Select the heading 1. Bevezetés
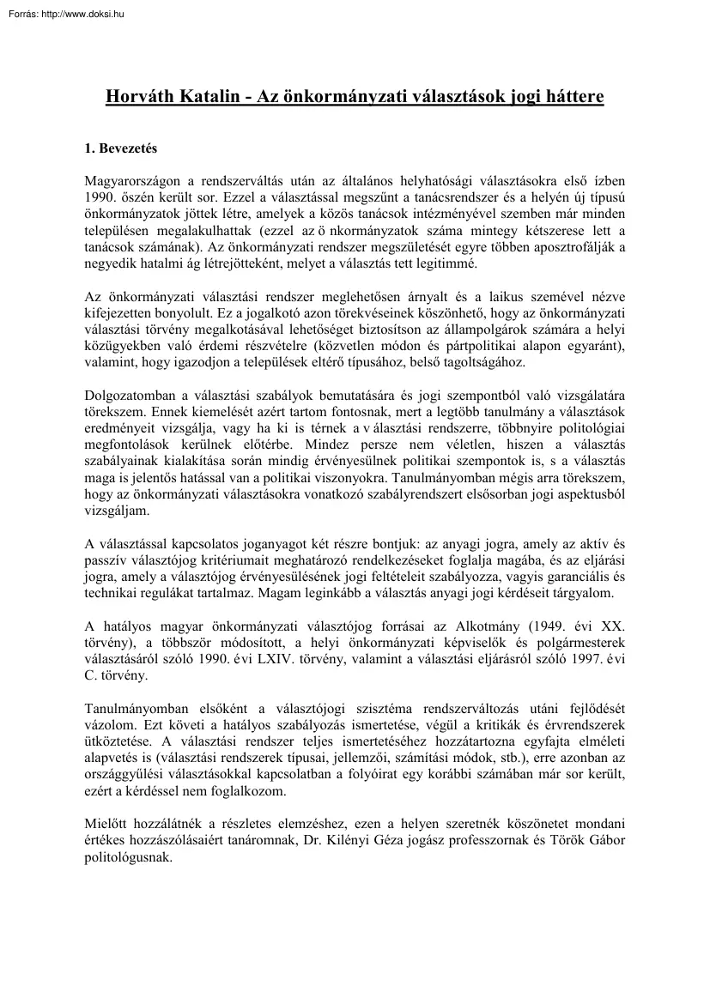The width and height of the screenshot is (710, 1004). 120,148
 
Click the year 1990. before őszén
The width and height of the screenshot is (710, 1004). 100,197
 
